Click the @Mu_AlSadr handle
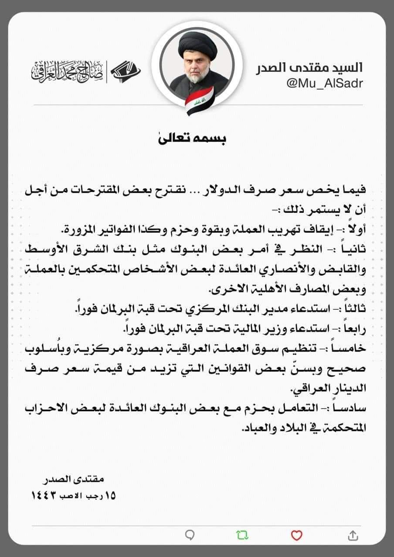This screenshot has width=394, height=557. point(324,84)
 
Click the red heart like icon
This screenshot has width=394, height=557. point(296,535)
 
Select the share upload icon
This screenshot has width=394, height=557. point(353,535)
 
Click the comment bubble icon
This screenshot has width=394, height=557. point(190,535)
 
